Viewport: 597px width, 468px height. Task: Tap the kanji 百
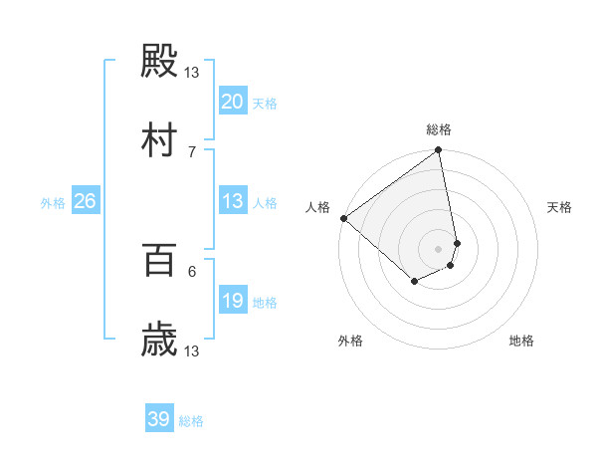pos(159,261)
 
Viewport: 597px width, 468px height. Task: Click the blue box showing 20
pos(232,102)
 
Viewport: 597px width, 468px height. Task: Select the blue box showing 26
pos(85,201)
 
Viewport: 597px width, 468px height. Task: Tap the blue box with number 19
pos(232,301)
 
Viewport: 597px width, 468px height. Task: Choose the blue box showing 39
pos(159,419)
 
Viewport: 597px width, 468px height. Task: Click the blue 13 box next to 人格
pos(232,201)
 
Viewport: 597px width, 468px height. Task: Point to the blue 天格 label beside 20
pos(265,104)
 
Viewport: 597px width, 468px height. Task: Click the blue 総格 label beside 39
pos(191,421)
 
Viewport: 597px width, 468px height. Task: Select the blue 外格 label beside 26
pos(53,203)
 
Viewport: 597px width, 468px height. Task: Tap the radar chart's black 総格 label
pos(439,129)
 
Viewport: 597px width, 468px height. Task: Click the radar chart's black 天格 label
pos(559,207)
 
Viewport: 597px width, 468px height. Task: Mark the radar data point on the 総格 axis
pos(439,151)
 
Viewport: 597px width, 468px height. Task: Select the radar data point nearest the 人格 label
pos(343,218)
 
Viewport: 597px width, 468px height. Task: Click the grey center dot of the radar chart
pos(439,248)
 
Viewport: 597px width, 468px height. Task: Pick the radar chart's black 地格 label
pos(521,341)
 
